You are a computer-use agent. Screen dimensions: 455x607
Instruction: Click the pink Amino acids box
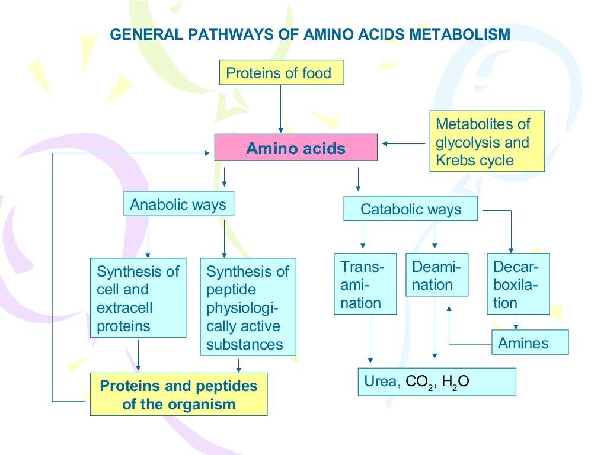click(x=295, y=148)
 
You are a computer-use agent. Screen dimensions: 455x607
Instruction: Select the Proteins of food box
click(x=282, y=74)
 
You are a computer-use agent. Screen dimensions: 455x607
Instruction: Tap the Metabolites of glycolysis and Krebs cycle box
click(x=487, y=142)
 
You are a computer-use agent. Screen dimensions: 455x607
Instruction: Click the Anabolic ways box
click(x=178, y=204)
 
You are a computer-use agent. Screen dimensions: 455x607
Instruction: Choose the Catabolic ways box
click(x=410, y=209)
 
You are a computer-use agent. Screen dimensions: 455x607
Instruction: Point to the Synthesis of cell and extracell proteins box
click(x=138, y=298)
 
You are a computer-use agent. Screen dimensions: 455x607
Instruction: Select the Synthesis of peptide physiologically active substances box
click(x=248, y=307)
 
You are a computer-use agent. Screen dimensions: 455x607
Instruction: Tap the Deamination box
click(x=436, y=275)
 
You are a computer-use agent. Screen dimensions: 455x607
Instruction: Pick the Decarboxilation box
click(x=517, y=284)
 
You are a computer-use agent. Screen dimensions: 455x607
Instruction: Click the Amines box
click(x=529, y=342)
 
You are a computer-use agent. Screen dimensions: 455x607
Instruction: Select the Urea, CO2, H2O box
click(x=436, y=382)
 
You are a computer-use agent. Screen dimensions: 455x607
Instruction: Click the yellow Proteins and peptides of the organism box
click(x=178, y=395)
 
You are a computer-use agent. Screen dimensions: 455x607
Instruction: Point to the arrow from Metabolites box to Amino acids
click(x=404, y=143)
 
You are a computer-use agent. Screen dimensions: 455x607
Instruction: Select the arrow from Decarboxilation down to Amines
click(x=517, y=322)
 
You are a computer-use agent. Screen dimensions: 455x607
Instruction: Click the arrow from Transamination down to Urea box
click(x=371, y=338)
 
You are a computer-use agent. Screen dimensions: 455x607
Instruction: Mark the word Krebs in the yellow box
click(x=455, y=160)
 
